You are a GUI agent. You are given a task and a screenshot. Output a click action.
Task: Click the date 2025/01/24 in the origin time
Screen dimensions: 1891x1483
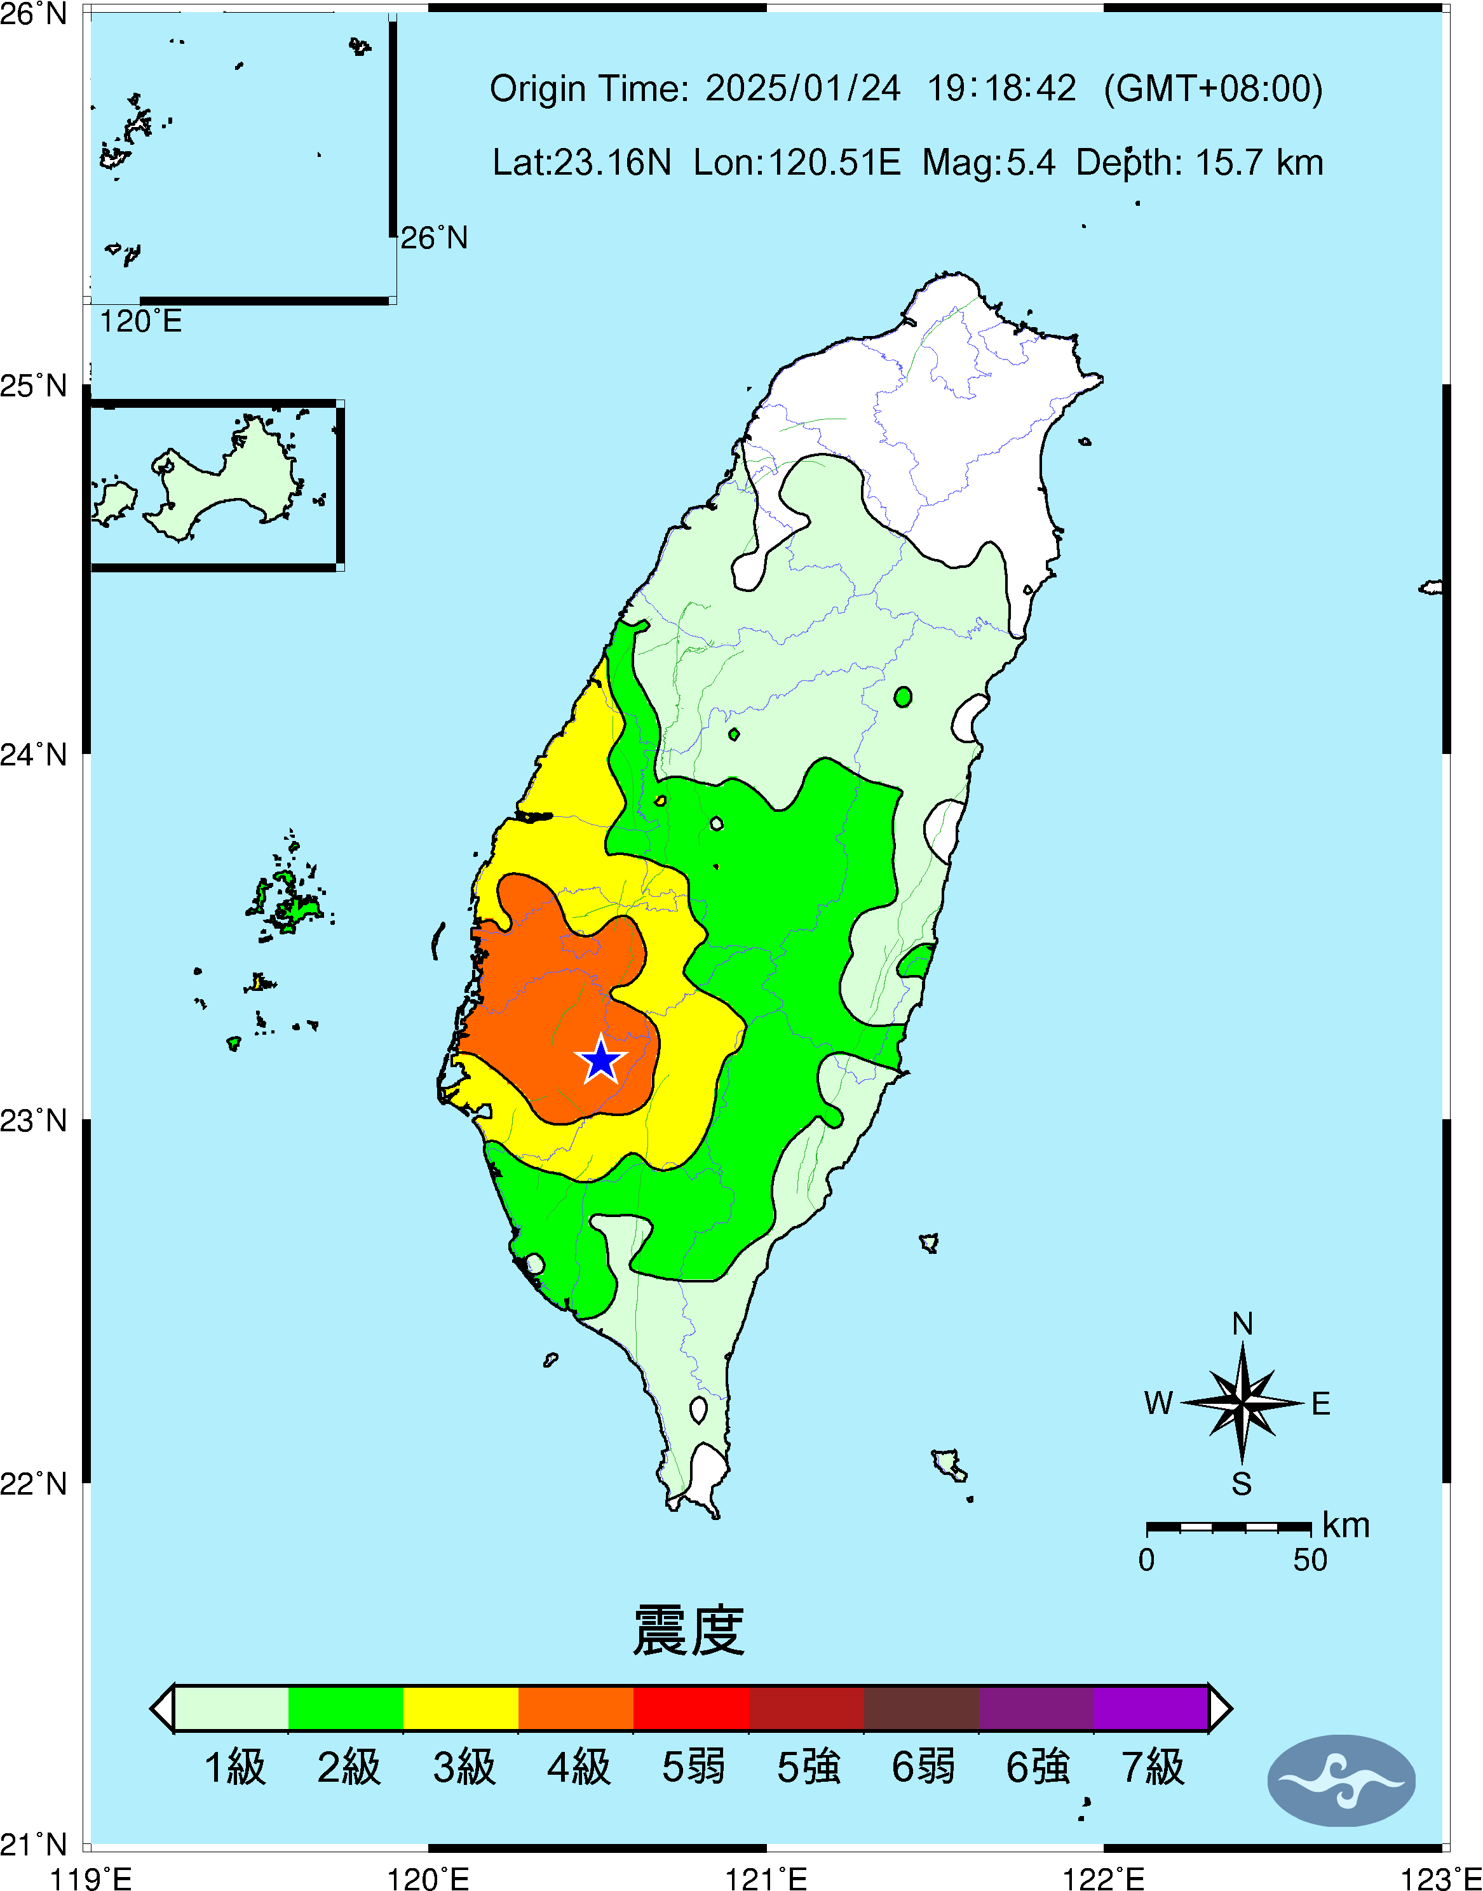click(x=802, y=88)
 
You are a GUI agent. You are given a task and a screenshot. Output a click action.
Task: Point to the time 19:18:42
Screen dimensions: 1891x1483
click(x=1002, y=88)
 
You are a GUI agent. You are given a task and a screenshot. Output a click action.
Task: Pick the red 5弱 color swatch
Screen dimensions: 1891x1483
click(x=691, y=1708)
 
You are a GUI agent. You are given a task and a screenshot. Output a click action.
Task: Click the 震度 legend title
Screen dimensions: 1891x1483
click(x=689, y=1631)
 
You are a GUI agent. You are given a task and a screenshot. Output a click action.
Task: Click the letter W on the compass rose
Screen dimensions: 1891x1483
click(x=1158, y=1403)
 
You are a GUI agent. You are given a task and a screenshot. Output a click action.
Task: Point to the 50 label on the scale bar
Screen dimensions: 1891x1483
click(x=1310, y=1560)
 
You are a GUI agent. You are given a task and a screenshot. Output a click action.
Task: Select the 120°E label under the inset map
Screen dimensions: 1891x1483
click(x=140, y=322)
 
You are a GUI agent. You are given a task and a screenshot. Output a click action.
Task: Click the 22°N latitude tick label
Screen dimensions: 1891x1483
click(x=33, y=1484)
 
